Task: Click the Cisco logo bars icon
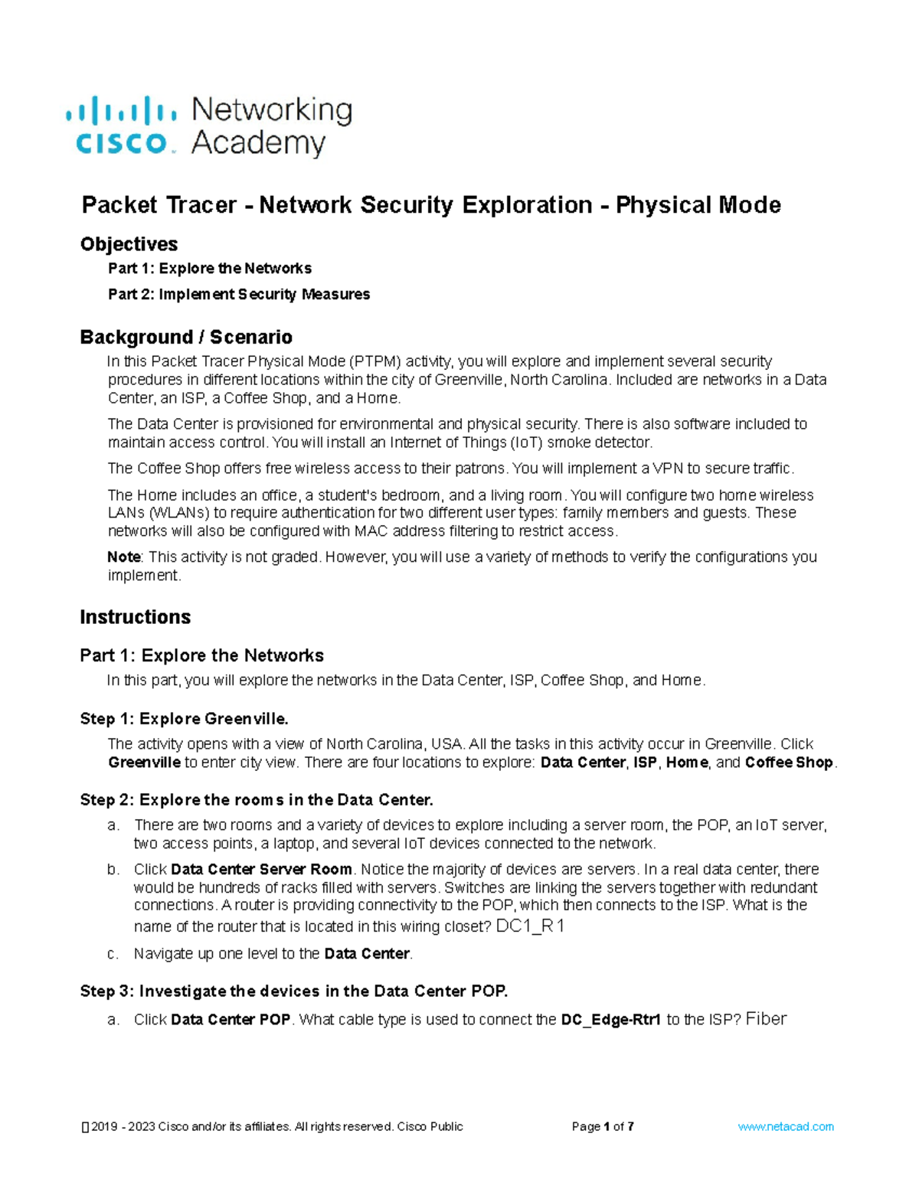[121, 110]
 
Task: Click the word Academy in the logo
[258, 143]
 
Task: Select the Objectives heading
[129, 244]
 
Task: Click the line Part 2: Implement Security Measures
[239, 295]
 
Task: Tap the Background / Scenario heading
[186, 338]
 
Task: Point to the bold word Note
[123, 557]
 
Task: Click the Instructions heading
[135, 617]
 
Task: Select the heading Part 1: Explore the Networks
[201, 655]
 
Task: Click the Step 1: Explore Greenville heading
[184, 719]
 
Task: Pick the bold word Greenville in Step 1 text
[144, 763]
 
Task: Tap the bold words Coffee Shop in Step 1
[788, 763]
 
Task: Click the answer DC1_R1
[530, 926]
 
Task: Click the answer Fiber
[766, 1019]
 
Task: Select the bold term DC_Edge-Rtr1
[610, 1020]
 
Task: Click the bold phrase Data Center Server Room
[261, 870]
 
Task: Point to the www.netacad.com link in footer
[785, 1127]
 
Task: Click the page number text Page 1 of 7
[602, 1127]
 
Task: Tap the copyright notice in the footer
[272, 1127]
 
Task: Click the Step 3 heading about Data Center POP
[293, 991]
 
